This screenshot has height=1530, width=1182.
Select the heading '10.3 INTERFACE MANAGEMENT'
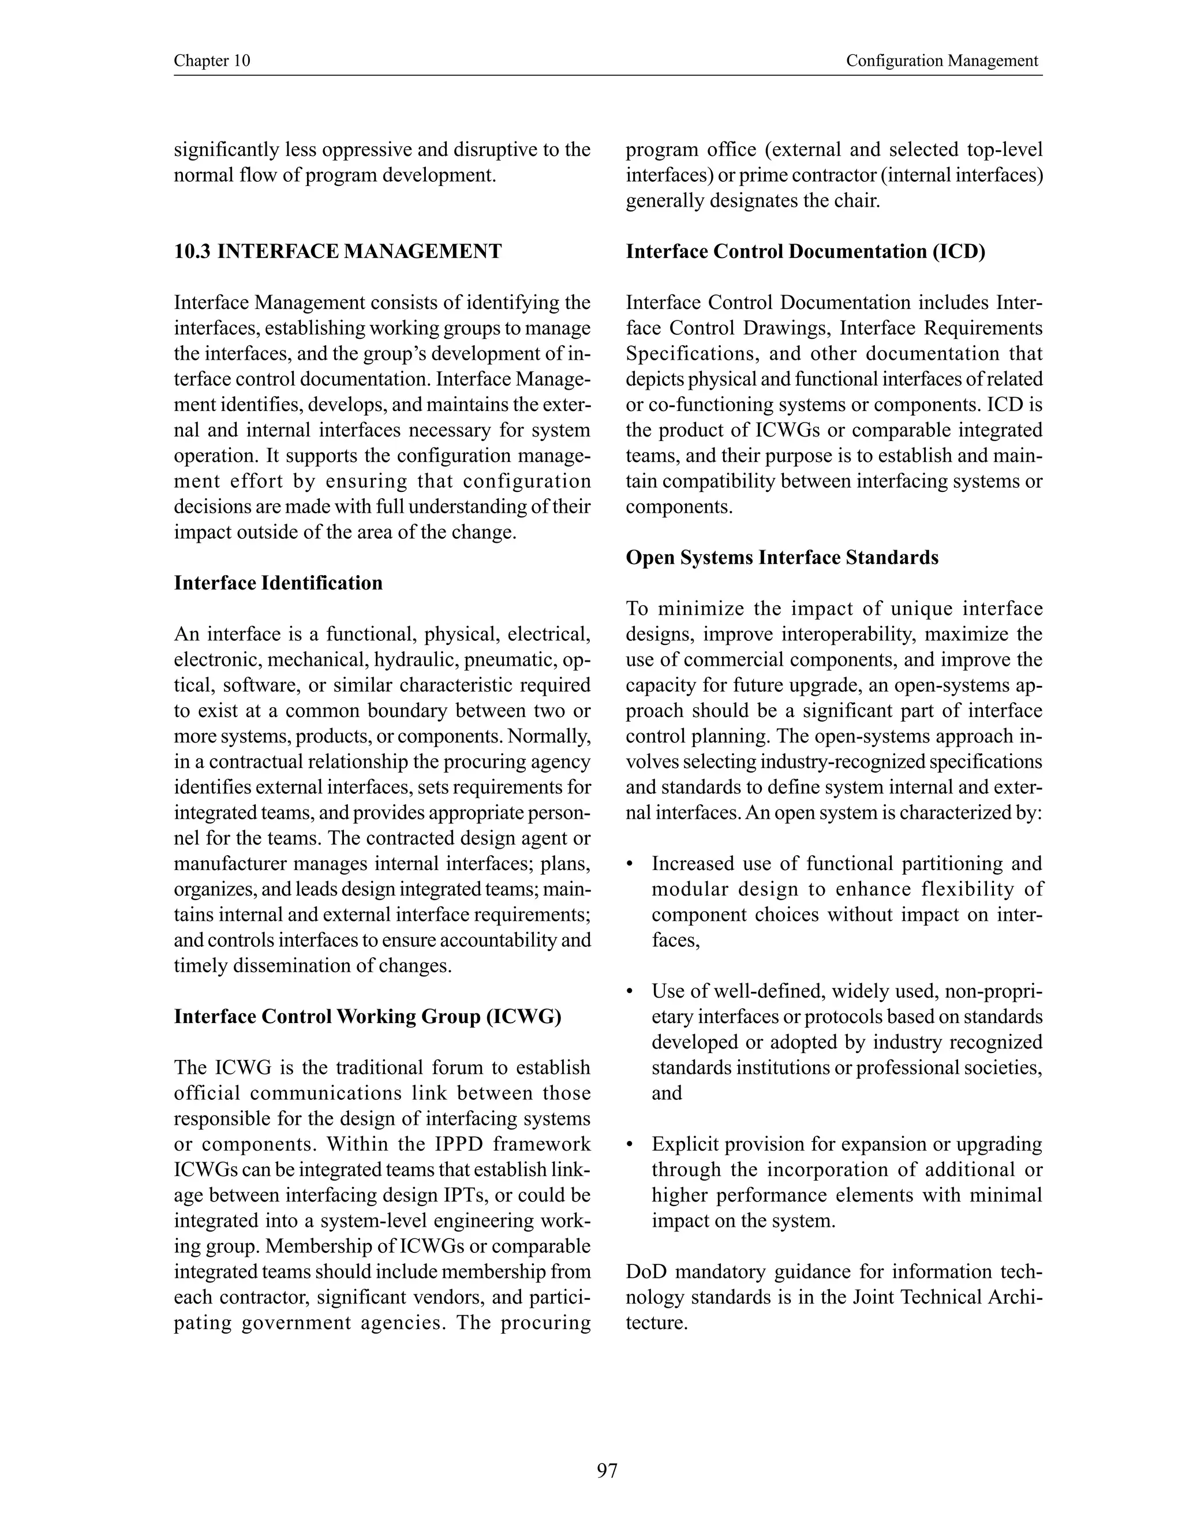pyautogui.click(x=338, y=252)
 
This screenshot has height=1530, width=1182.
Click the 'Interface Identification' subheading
pyautogui.click(x=278, y=583)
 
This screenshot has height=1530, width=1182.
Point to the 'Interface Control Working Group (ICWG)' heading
pyautogui.click(x=368, y=1017)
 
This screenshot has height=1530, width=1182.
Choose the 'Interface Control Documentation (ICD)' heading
pyautogui.click(x=805, y=252)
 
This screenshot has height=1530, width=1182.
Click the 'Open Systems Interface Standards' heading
pyautogui.click(x=781, y=558)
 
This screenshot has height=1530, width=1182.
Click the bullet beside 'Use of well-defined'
pyautogui.click(x=631, y=992)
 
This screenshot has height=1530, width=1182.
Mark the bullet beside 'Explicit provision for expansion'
pyautogui.click(x=631, y=1145)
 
